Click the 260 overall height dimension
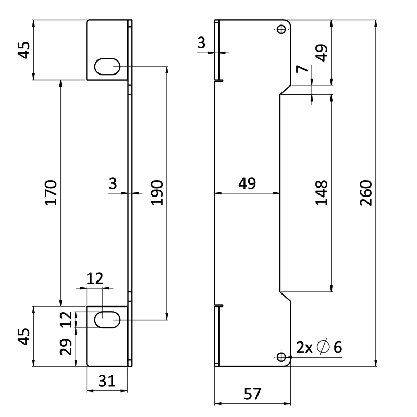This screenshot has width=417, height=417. [366, 193]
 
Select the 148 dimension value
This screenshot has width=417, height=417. [322, 193]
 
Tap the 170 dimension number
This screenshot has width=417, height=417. [51, 193]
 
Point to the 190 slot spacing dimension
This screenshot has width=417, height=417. [157, 193]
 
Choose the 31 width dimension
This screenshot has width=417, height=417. [107, 382]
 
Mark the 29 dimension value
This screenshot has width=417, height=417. [66, 347]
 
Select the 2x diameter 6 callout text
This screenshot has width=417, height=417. [319, 347]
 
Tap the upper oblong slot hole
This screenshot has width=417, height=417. [107, 67]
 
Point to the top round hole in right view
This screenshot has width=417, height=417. [281, 30]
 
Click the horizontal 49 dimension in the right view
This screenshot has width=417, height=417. [248, 184]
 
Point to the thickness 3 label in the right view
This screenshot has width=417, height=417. [202, 44]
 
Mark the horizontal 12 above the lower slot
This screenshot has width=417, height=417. [94, 278]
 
